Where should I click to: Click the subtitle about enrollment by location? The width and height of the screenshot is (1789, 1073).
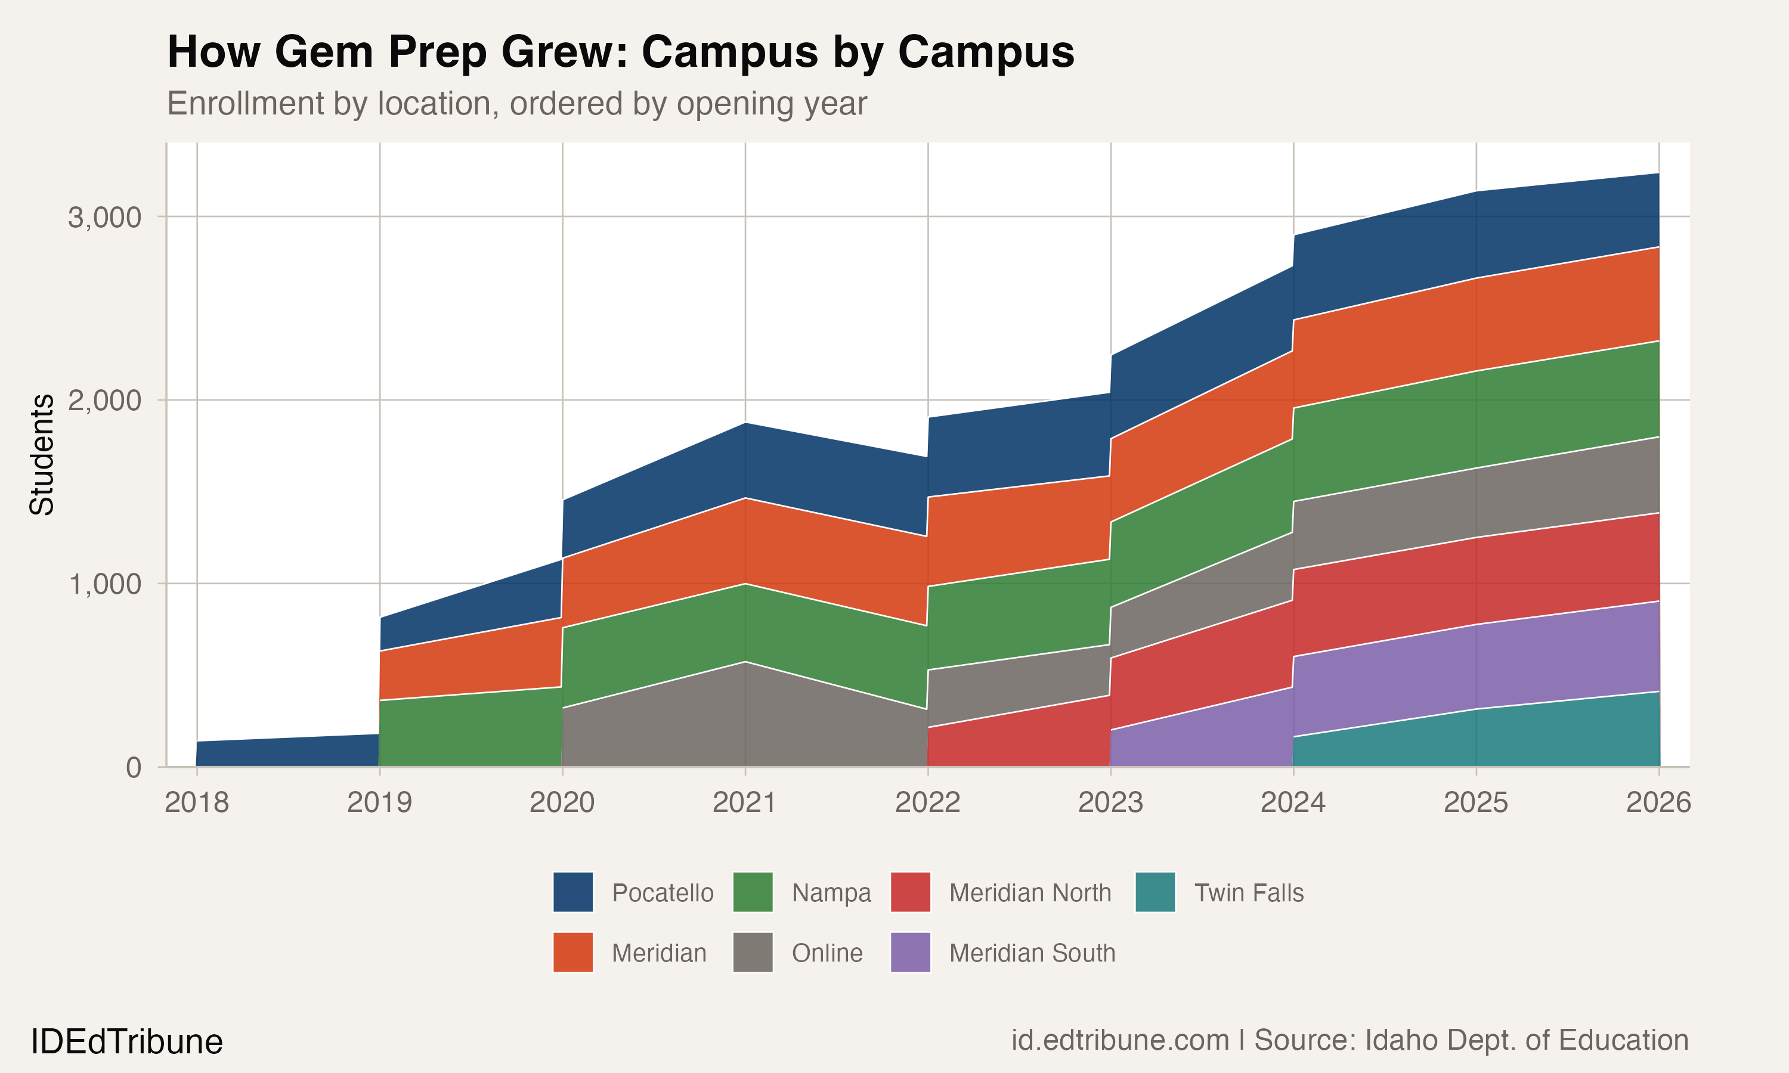click(516, 103)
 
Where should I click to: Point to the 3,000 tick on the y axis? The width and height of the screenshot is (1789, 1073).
click(105, 217)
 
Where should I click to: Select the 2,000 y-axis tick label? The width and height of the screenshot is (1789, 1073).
click(105, 400)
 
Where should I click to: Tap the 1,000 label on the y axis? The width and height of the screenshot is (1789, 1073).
click(105, 584)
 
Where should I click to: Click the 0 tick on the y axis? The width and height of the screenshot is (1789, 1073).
click(134, 767)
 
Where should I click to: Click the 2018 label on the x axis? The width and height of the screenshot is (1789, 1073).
click(197, 802)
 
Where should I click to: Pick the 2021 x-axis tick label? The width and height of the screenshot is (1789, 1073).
click(745, 802)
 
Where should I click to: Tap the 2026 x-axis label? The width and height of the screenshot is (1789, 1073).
click(1658, 802)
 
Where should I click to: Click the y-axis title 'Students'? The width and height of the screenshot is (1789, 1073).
click(42, 454)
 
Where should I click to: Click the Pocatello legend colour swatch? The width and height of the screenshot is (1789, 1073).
click(572, 892)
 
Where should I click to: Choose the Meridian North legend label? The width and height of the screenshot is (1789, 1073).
click(1030, 893)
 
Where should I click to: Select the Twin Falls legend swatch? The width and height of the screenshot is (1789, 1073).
click(1155, 892)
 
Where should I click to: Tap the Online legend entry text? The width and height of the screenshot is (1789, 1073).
click(827, 953)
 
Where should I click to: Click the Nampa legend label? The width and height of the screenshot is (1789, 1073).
click(831, 893)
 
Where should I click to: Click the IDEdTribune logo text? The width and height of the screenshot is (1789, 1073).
click(126, 1042)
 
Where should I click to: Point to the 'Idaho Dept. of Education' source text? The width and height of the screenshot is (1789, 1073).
click(1526, 1040)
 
